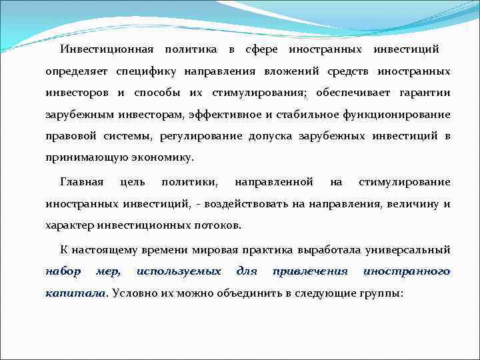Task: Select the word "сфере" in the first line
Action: pos(261,49)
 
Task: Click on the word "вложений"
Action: pos(293,71)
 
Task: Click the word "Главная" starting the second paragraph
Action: pos(82,182)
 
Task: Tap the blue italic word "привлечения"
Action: pos(311,271)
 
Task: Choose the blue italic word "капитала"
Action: pos(76,293)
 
